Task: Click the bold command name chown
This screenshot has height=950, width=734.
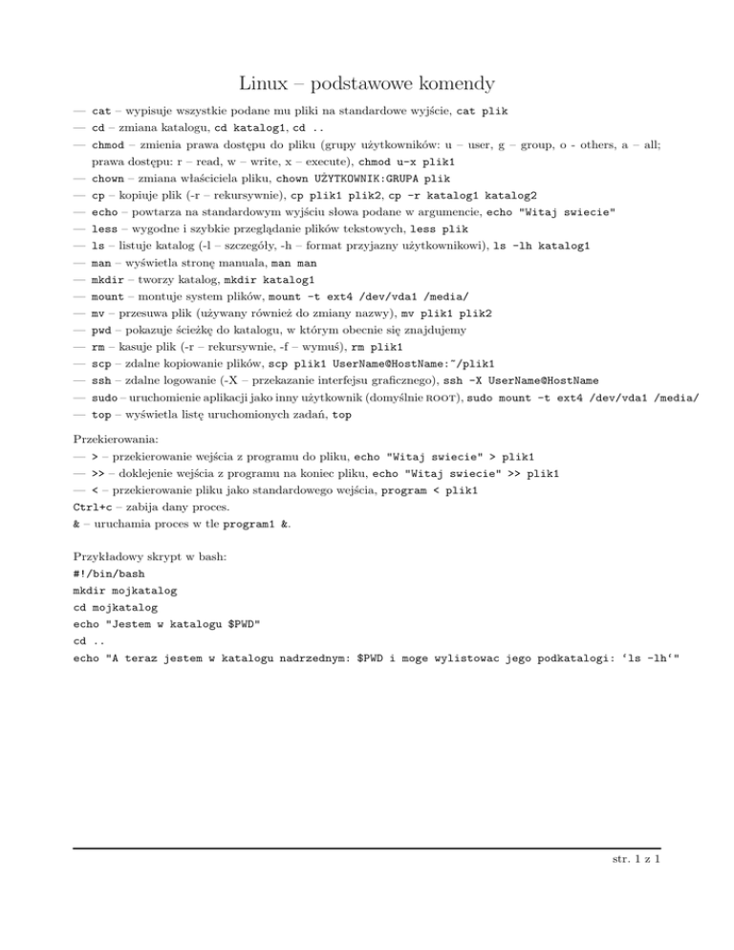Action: click(106, 178)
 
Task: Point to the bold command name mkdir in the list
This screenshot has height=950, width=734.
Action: click(106, 280)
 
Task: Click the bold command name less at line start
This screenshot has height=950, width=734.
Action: click(103, 228)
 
